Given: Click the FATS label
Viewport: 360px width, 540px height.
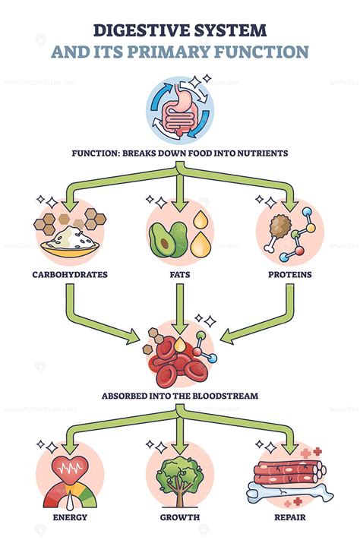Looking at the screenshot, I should click(x=180, y=273).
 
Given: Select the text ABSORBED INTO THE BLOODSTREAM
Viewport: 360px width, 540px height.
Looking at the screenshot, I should click(x=180, y=396).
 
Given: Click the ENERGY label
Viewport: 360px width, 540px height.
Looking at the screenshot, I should click(x=69, y=517).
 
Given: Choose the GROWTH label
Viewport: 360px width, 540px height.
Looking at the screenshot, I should click(x=180, y=517).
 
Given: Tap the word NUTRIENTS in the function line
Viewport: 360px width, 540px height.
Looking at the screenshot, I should click(x=259, y=153).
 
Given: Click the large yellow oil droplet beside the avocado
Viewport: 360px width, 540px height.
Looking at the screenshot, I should click(x=200, y=243).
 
